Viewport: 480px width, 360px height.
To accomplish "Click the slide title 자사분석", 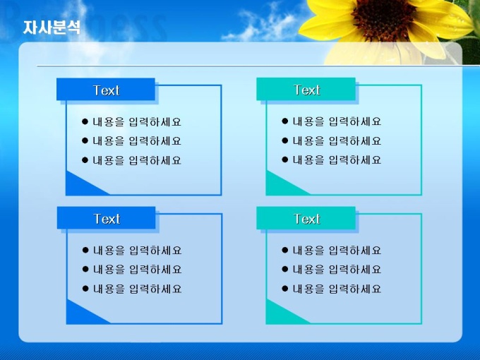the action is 52,28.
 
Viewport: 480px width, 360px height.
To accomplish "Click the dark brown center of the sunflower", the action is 383,18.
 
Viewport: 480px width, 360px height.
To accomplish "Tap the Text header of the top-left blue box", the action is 106,90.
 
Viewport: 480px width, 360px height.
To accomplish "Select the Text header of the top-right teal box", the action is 307,90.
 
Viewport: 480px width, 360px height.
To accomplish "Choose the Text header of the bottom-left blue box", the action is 107,219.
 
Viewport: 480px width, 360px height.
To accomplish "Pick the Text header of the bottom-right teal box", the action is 307,219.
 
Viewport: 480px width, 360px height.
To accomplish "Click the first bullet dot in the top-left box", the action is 85,121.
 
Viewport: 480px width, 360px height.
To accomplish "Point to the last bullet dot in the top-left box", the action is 85,160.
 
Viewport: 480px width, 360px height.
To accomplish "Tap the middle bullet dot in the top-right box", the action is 285,140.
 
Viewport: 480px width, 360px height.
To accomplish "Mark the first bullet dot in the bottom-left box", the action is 85,250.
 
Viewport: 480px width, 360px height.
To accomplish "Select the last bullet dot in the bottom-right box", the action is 285,289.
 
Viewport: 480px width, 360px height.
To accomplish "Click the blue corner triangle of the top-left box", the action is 80,186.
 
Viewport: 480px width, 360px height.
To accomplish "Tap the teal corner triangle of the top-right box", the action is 280,186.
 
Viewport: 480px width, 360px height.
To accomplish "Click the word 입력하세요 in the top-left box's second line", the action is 155,140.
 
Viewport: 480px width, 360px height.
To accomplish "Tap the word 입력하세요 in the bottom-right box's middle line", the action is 355,270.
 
